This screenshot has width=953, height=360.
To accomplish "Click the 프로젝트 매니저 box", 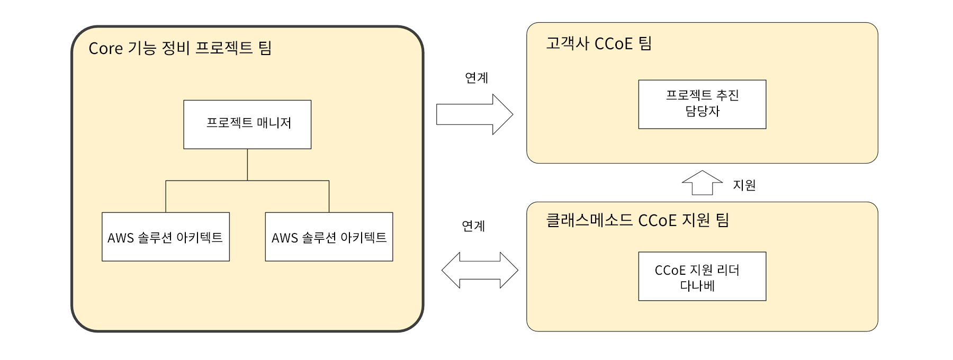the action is [247, 124].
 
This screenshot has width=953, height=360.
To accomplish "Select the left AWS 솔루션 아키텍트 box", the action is [166, 237].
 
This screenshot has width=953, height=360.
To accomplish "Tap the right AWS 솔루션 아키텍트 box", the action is [329, 237].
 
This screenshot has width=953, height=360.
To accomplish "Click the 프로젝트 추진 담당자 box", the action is [702, 104].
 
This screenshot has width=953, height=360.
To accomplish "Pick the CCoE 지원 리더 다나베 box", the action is [702, 276].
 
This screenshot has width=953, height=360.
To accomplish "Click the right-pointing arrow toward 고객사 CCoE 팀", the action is [474, 114].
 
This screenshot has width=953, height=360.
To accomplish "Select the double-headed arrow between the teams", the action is [480, 270].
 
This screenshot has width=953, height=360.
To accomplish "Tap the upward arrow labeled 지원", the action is [702, 183].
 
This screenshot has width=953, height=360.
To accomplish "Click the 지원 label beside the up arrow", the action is [744, 185].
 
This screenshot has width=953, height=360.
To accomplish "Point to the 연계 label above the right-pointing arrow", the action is [477, 78].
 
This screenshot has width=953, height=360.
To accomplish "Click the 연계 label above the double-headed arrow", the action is [473, 226].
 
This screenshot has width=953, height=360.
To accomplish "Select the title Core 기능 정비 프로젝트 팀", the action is [180, 48].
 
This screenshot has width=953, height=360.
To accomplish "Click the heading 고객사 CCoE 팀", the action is [599, 43].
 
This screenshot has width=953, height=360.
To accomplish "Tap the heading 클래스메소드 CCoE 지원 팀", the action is [637, 220].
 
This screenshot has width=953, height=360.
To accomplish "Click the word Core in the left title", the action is [106, 49].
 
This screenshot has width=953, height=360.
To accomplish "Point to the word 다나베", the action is [697, 286].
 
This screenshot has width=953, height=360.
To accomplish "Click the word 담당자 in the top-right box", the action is [703, 111].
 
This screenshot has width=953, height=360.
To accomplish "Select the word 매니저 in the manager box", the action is [274, 123].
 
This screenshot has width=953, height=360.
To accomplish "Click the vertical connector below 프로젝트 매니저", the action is [247, 165].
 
